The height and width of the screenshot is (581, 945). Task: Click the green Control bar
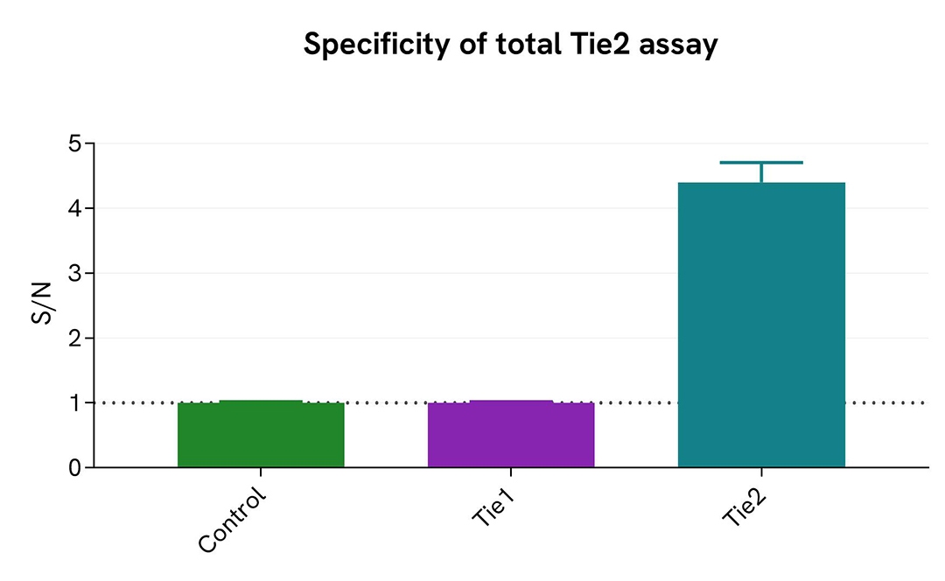261,435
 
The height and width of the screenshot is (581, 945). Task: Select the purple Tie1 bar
511,435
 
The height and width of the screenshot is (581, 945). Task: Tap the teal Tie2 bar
761,325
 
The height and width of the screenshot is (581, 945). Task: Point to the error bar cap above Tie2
761,163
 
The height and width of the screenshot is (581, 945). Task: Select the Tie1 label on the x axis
491,507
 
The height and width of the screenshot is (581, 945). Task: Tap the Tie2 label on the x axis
741,507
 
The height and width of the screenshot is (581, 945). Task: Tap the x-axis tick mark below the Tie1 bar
511,472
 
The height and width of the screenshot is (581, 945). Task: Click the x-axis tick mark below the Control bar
261,472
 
